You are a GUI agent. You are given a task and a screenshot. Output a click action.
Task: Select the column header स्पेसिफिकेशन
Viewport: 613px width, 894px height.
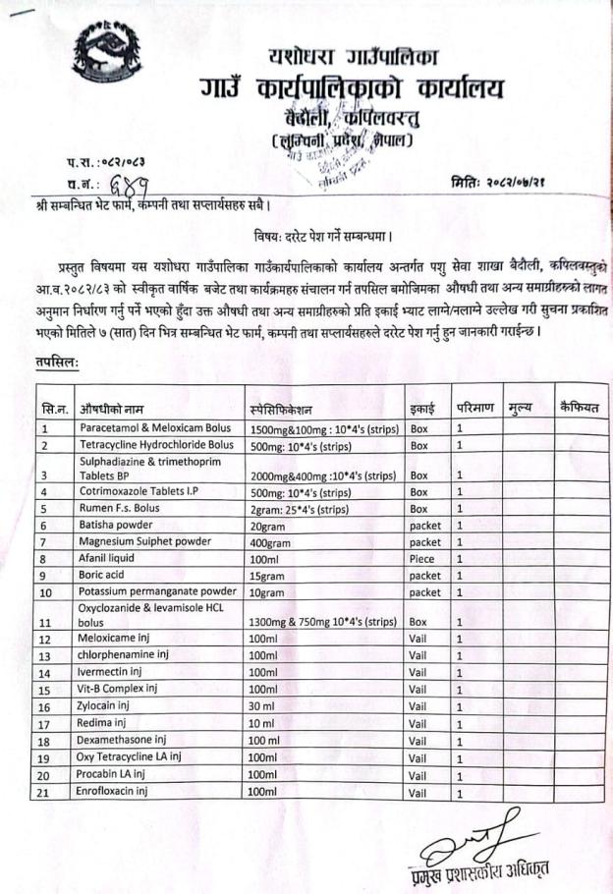point(287,406)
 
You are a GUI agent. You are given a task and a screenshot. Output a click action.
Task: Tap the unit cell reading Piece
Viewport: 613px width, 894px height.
point(420,558)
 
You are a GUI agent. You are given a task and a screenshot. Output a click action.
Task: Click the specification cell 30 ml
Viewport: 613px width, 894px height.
point(263,706)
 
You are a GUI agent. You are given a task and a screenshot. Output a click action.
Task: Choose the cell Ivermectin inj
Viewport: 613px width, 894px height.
point(116,673)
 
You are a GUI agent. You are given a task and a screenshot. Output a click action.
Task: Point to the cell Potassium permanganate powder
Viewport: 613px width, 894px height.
point(158,592)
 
